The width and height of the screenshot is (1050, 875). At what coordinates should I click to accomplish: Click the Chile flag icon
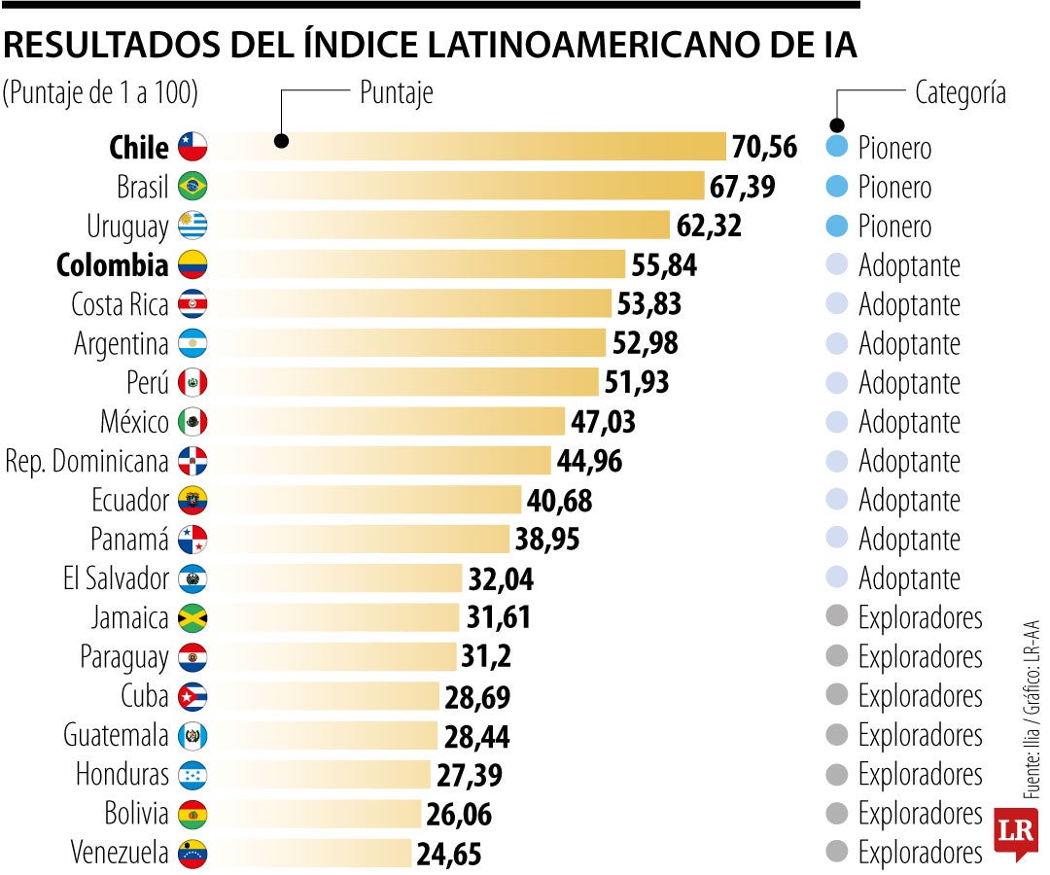192,147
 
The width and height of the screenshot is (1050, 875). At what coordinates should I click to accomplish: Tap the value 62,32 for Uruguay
708,226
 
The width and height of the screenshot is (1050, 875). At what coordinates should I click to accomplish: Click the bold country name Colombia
112,264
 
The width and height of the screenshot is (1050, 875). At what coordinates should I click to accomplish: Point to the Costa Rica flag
192,304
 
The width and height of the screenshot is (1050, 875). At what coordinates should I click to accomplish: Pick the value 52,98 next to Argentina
645,343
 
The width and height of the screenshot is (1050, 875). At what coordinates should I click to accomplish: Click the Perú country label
147,382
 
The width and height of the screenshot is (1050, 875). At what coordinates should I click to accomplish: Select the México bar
389,421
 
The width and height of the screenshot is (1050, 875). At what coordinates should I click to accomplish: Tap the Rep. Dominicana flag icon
192,461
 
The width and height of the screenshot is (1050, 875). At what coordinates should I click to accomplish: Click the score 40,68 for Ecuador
559,501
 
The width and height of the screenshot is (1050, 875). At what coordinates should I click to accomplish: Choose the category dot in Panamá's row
835,539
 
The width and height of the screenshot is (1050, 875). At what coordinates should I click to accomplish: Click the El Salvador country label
116,578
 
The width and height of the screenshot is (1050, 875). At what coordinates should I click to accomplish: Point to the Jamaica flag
192,617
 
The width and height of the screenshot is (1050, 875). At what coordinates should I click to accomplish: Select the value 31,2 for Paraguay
486,657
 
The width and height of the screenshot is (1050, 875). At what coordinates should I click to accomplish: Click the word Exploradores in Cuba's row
920,696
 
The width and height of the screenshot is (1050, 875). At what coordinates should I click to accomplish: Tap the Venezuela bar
311,854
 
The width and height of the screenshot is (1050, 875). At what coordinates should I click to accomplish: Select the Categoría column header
960,93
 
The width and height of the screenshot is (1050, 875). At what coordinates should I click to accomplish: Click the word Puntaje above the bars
396,93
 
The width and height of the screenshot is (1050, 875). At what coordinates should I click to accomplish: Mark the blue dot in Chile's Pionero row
835,148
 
